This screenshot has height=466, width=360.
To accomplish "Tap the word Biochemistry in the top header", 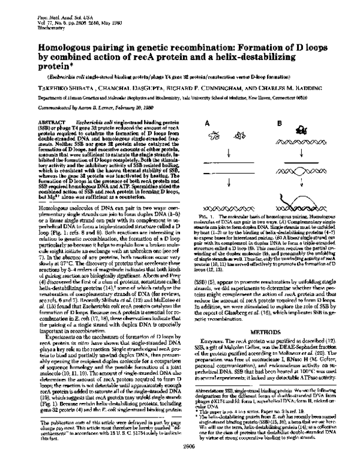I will (49, 19).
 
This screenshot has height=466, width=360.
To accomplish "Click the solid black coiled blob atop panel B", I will (311, 130).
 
